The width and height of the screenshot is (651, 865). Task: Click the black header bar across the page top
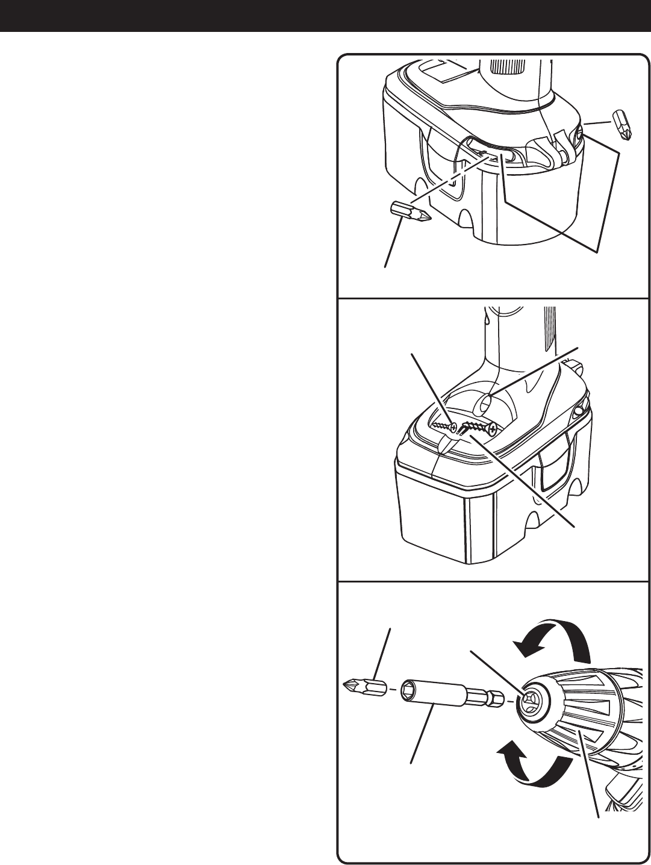pos(325,16)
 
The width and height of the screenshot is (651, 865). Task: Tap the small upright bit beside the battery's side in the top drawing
pos(621,124)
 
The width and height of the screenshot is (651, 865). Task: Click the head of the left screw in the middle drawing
pos(452,426)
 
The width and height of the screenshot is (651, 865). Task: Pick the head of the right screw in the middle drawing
pos(493,429)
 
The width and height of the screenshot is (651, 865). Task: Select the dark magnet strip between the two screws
pos(466,428)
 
